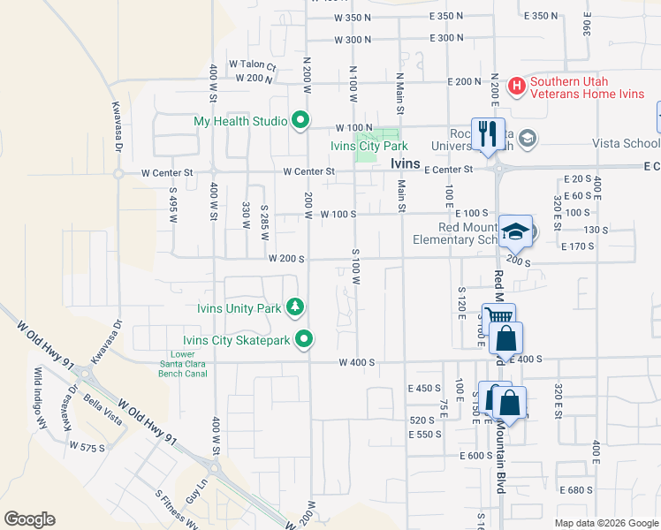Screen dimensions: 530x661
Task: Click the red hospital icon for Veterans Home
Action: pyautogui.click(x=517, y=86)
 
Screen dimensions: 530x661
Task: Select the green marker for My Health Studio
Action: pyautogui.click(x=300, y=120)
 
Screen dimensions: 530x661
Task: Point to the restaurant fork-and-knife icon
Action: pyautogui.click(x=488, y=132)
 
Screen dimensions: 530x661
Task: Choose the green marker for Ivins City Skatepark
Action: pyautogui.click(x=305, y=338)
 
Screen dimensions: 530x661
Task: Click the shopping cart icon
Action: pyautogui.click(x=498, y=318)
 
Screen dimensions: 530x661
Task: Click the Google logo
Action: pyautogui.click(x=29, y=519)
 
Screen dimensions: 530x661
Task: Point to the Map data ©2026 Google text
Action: pyautogui.click(x=605, y=523)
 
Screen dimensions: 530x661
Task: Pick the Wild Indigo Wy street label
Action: pyautogui.click(x=40, y=392)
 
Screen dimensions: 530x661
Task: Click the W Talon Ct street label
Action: pyautogui.click(x=253, y=64)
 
